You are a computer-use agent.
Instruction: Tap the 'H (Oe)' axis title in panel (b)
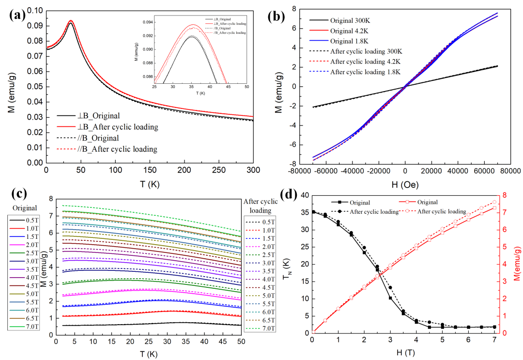click(405, 185)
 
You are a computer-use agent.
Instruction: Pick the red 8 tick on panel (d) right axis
click(503, 195)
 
